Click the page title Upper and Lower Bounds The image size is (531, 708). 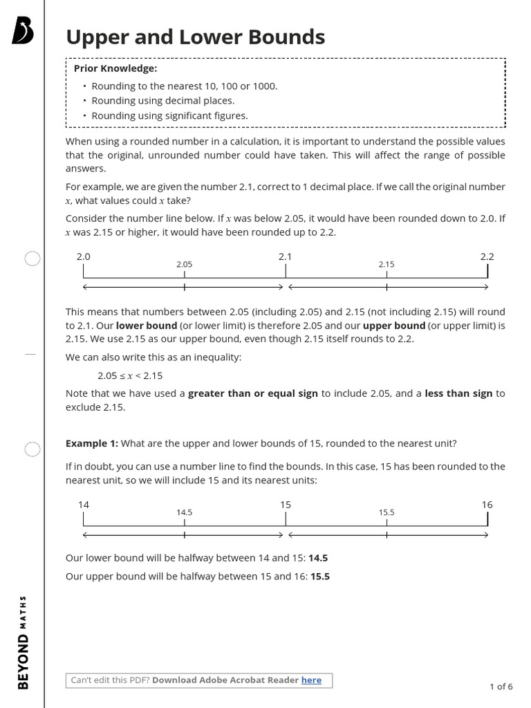point(195,37)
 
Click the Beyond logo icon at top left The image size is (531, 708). point(23,32)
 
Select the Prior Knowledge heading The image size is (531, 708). point(115,68)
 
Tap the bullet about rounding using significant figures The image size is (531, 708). point(169,115)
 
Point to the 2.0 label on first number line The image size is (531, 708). point(83,257)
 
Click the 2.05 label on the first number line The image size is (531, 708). point(184,264)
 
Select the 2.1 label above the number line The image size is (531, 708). point(285,257)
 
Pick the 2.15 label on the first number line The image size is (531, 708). point(386,264)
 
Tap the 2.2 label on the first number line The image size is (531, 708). point(487,257)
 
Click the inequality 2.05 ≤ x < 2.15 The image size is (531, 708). point(130,375)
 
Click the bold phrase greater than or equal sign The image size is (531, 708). point(253,393)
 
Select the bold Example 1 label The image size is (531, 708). point(92,443)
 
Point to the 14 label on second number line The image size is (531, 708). point(83,505)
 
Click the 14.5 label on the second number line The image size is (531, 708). point(184,512)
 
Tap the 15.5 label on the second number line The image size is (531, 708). point(386,512)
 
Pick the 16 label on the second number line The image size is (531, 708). point(487,505)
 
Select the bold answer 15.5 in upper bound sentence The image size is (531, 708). point(319,576)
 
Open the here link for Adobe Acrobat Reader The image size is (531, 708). point(311,680)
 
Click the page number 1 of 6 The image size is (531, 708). point(501,687)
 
